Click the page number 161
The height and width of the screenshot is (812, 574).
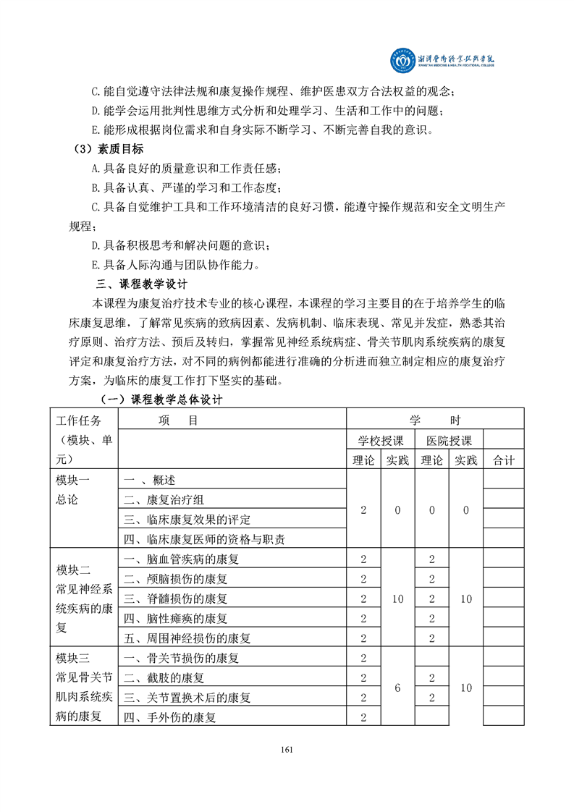pos(287,749)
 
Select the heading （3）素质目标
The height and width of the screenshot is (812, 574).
pos(109,150)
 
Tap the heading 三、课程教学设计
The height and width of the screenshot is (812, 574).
pos(142,283)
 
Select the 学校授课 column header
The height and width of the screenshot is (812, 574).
pos(381,440)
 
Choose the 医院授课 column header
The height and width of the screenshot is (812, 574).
pos(449,440)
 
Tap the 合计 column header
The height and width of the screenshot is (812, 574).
pos(503,460)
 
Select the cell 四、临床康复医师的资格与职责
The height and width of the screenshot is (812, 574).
pos(204,539)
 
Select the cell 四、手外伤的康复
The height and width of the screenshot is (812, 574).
pos(169,717)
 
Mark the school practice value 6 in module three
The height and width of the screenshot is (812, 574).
pos(397,688)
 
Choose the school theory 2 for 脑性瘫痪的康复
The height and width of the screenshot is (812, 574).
pos(363,618)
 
